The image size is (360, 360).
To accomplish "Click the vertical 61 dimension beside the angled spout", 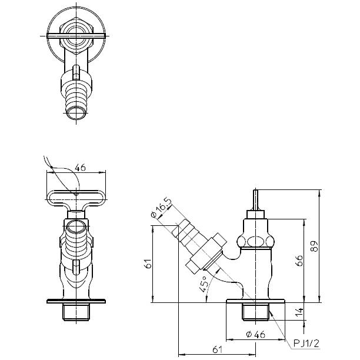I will pyautogui.click(x=148, y=265).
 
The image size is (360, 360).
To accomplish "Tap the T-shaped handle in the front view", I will pyautogui.click(x=76, y=198).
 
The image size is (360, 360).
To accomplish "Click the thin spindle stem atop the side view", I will pyautogui.click(x=255, y=200).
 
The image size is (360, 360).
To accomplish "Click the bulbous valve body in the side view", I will pyautogui.click(x=254, y=241).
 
